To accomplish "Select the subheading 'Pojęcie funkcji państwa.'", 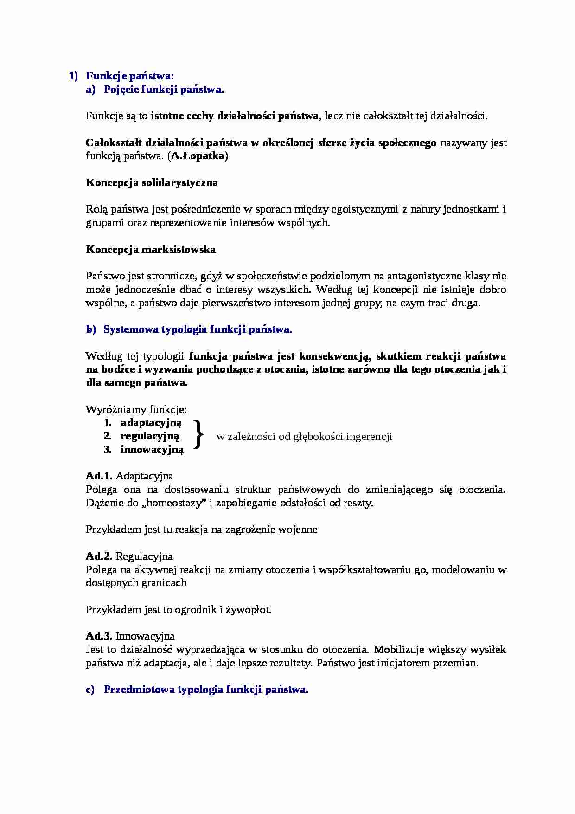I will (163, 90).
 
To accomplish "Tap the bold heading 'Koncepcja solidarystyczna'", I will (152, 183).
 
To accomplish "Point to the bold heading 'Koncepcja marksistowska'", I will (151, 250).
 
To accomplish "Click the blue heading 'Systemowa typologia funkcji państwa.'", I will (198, 329).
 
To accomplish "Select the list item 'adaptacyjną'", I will (151, 423).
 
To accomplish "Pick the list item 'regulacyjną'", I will (149, 436).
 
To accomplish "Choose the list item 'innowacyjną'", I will (152, 450).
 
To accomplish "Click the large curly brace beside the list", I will (198, 435).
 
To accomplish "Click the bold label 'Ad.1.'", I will (99, 476).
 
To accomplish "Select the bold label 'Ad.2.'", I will (99, 556).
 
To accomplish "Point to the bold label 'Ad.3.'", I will (99, 636).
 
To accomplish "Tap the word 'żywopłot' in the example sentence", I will (247, 610).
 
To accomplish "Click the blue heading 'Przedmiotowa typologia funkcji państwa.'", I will (206, 690).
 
